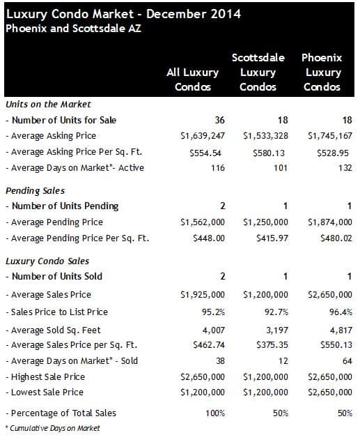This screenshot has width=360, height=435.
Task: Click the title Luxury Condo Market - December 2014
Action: [123, 15]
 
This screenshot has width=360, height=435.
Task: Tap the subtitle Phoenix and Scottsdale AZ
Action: [73, 29]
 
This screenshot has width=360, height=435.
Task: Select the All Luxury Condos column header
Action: [193, 79]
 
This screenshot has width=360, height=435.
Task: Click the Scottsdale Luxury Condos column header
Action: [258, 72]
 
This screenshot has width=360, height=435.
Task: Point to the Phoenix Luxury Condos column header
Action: [322, 72]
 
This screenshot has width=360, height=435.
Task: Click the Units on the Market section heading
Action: [48, 105]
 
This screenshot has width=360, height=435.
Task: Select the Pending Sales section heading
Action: [36, 191]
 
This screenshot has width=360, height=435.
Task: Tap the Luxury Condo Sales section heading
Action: [47, 261]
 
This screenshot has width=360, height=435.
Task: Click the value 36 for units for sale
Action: [220, 120]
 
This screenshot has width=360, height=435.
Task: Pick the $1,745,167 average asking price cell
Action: [330, 136]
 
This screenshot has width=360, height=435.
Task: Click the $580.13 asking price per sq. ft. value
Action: [269, 153]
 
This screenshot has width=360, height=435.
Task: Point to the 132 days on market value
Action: [345, 168]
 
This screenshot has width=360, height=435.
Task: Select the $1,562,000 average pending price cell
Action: [203, 222]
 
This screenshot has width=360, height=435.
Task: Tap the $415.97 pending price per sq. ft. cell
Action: [272, 238]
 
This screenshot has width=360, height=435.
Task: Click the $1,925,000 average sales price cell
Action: [203, 295]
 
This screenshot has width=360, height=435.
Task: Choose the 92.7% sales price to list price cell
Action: [276, 312]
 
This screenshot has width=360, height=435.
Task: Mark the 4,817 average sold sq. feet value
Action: [341, 330]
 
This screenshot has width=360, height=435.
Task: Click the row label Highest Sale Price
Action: [45, 376]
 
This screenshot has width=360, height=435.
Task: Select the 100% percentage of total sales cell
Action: [215, 413]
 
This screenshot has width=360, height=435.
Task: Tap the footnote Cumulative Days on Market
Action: [53, 428]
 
